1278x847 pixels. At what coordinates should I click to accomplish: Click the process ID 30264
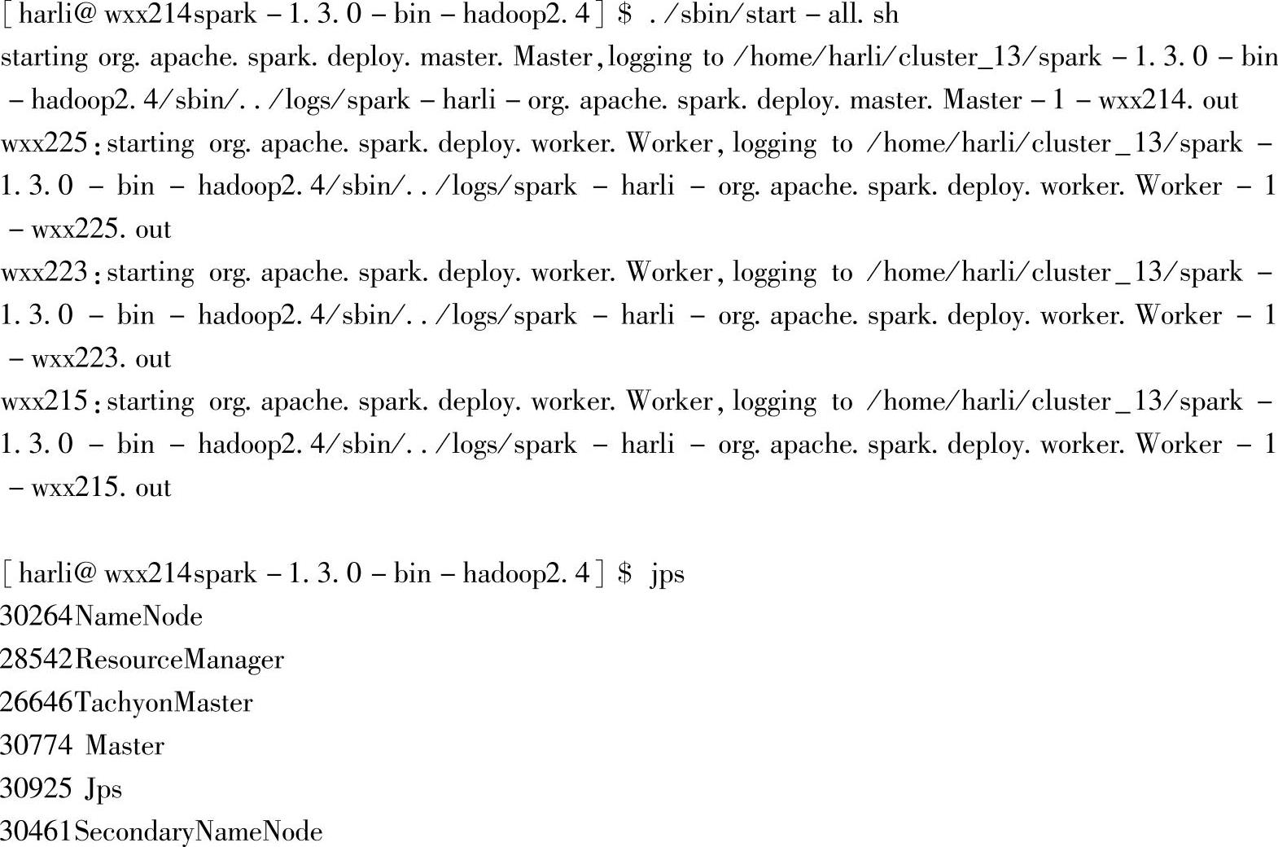37,617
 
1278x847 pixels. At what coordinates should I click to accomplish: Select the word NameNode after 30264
138,617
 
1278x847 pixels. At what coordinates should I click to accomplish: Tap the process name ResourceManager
179,660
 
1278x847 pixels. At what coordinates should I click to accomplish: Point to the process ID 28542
37,660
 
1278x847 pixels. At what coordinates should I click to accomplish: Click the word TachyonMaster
164,703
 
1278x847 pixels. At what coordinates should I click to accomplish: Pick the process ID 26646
37,703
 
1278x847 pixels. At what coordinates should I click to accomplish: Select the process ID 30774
37,746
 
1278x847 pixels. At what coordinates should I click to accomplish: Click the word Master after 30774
125,746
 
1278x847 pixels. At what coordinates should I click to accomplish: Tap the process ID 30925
37,789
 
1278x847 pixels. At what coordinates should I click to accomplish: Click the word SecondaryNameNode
198,832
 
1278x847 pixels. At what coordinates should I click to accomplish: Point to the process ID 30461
37,832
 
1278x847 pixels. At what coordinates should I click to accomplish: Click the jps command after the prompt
667,575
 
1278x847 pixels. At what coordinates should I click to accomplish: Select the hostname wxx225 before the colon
44,143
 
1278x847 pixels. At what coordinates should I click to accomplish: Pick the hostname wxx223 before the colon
44,273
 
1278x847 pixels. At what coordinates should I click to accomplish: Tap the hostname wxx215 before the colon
44,402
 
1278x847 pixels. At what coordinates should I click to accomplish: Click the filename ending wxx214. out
1168,100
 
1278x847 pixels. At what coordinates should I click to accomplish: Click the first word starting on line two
44,58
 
